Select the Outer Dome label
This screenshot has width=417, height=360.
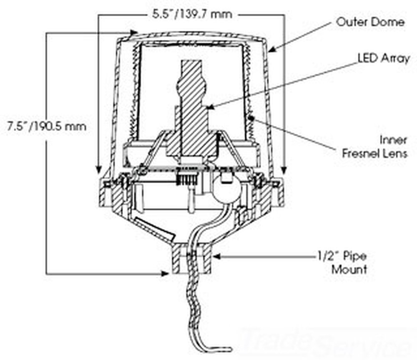click(x=370, y=22)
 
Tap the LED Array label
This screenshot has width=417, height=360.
click(x=384, y=58)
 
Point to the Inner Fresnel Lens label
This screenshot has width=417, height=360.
click(x=374, y=146)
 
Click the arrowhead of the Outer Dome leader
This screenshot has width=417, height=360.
click(x=271, y=50)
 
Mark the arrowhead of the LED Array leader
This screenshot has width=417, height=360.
click(x=211, y=107)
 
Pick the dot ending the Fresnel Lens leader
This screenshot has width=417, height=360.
click(x=251, y=120)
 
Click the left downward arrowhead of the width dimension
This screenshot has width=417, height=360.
click(x=98, y=169)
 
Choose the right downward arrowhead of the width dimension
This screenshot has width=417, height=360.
click(x=284, y=169)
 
